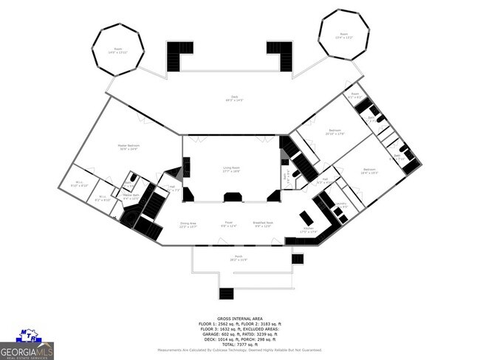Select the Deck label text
point(234,99)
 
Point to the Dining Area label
point(188,224)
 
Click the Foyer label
point(230,224)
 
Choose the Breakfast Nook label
point(264,224)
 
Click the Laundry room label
point(341,206)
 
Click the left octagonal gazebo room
point(117,49)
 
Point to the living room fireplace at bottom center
point(233,196)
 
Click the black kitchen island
point(306,218)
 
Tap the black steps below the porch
point(227,294)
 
